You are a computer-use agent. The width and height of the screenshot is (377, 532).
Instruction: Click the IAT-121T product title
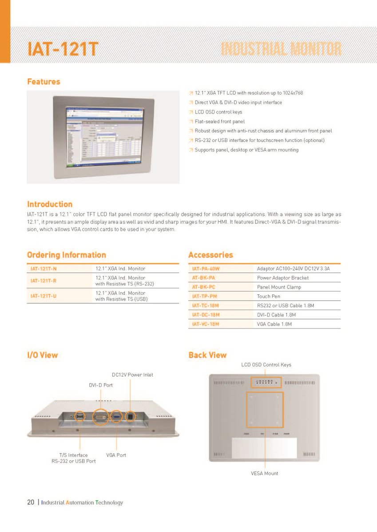click(x=62, y=49)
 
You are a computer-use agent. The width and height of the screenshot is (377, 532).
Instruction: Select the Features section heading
click(x=44, y=82)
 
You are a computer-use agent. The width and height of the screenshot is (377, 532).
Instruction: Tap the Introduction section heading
click(x=50, y=204)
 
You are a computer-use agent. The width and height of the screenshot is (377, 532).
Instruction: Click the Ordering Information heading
click(x=67, y=255)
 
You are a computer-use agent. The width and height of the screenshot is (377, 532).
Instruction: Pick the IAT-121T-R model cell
click(x=44, y=281)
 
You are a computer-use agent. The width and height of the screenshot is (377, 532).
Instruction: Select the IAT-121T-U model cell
click(x=44, y=296)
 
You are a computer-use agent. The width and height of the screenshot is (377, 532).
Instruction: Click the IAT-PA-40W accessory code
click(x=206, y=269)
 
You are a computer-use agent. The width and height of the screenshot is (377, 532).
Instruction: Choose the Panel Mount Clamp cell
click(x=279, y=287)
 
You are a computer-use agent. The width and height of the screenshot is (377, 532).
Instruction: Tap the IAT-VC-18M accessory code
click(x=206, y=324)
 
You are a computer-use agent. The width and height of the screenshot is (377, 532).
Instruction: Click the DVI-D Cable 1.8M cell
click(x=276, y=315)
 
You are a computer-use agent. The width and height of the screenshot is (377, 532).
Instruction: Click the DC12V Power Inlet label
click(x=132, y=375)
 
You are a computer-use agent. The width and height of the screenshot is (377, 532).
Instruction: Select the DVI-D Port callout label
click(x=101, y=385)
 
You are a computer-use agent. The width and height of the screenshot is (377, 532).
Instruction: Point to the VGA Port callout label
click(x=116, y=455)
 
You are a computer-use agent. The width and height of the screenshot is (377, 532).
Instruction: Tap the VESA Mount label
click(x=265, y=473)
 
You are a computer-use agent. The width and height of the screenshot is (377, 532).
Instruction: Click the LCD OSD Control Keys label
click(x=266, y=365)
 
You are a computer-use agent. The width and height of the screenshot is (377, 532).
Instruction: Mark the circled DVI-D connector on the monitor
click(x=101, y=417)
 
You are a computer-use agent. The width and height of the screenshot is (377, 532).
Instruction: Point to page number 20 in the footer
click(x=31, y=502)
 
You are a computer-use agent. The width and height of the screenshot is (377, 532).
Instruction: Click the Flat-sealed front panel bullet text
click(x=219, y=121)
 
